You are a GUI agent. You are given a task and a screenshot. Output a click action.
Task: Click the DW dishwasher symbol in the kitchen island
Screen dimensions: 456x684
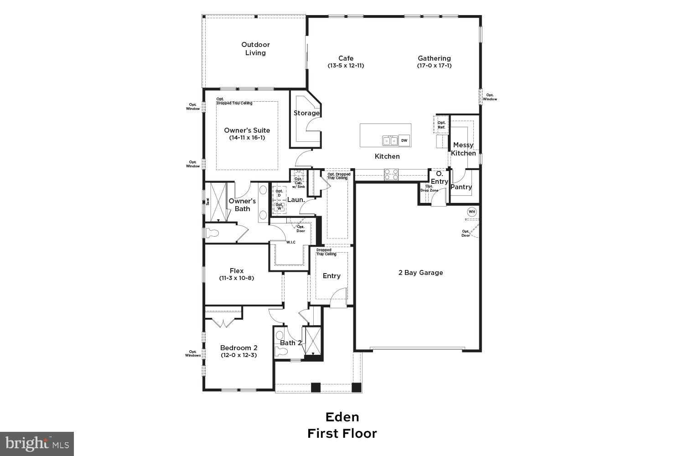tap(404, 141)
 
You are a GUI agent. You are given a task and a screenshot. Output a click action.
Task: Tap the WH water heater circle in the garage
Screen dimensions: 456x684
tap(472, 212)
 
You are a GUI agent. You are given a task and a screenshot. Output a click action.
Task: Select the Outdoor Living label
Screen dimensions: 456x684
tap(255, 49)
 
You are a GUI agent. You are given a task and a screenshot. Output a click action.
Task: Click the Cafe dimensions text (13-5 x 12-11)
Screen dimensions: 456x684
tap(346, 66)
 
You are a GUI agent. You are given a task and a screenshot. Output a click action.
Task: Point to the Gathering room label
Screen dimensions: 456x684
tap(434, 58)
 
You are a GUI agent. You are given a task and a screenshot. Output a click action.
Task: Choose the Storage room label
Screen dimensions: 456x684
tap(306, 113)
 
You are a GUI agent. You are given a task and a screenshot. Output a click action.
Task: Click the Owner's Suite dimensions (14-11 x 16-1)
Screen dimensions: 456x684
tap(247, 138)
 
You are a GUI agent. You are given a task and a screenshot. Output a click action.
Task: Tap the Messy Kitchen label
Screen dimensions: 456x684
tap(463, 149)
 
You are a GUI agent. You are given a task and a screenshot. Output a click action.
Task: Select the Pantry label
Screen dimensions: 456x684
tap(461, 187)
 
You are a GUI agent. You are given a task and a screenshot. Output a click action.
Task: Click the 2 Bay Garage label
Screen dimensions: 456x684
tap(420, 273)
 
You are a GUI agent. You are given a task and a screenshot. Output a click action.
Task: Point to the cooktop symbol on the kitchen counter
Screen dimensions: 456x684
tap(391, 173)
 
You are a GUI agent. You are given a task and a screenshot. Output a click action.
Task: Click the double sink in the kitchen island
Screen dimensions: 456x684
tap(390, 141)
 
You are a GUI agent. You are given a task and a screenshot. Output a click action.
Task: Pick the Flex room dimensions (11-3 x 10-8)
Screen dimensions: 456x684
tap(236, 278)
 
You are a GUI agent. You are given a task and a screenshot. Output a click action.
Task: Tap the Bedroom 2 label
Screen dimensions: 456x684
tap(238, 347)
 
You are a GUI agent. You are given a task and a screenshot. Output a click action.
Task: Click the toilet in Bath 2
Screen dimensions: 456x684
tap(280, 352)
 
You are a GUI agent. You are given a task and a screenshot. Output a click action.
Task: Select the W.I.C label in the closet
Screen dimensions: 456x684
tap(290, 242)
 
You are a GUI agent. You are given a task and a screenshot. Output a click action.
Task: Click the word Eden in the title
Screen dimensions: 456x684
tap(342, 417)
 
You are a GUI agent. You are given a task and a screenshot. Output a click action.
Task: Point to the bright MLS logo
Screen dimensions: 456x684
tap(37, 443)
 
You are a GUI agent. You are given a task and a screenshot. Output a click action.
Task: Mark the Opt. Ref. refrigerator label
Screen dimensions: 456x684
tap(441, 125)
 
